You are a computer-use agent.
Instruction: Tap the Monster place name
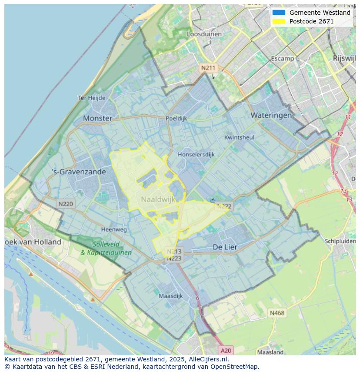coord(97,118)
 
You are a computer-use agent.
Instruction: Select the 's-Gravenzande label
coord(79,172)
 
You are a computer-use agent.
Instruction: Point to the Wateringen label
coord(271,115)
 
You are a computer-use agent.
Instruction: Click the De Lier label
coord(225,247)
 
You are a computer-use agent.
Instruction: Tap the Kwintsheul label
coord(239,137)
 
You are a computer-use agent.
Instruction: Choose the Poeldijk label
coord(176,118)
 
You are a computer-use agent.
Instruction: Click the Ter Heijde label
coord(91,98)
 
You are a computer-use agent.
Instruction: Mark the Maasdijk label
coord(170,296)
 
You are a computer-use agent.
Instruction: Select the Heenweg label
coord(114,229)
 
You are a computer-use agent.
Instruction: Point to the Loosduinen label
coord(204,34)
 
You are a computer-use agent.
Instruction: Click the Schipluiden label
coord(340,241)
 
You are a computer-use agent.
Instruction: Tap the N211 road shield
coord(208,68)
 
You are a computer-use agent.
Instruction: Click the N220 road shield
coord(66,203)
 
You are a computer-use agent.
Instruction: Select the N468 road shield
coord(277,313)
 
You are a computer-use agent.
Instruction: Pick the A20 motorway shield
coord(226,351)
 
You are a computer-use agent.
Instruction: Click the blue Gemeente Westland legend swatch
coord(279,13)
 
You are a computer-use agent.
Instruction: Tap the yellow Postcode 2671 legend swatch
coord(279,21)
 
